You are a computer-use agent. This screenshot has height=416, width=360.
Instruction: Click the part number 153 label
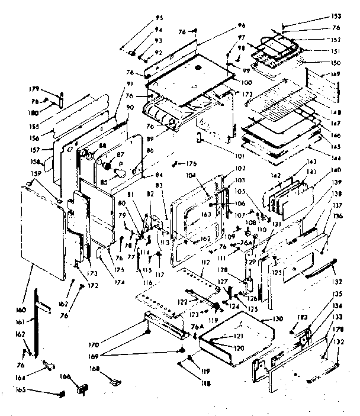[x=337, y=16]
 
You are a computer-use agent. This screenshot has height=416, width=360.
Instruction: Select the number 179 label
[x=34, y=89]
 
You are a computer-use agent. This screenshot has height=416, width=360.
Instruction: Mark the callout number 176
[x=191, y=163]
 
